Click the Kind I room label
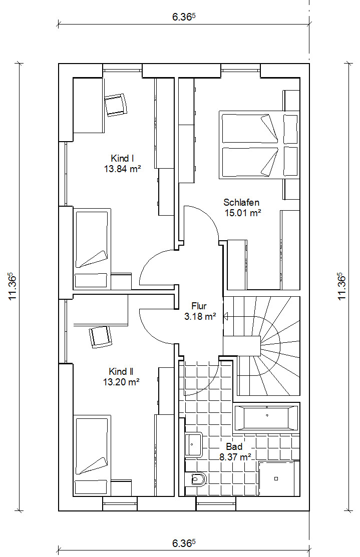(x=122, y=159)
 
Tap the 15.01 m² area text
(x=243, y=213)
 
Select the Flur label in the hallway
(x=199, y=306)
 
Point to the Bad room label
(x=234, y=446)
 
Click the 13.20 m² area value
(x=121, y=382)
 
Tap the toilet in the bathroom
(x=197, y=480)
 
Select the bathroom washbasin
(x=193, y=444)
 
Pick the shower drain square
(x=276, y=478)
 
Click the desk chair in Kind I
(x=116, y=105)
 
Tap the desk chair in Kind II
(x=100, y=337)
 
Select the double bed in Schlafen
(x=259, y=145)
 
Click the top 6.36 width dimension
(x=184, y=17)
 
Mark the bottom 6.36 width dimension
(x=184, y=543)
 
